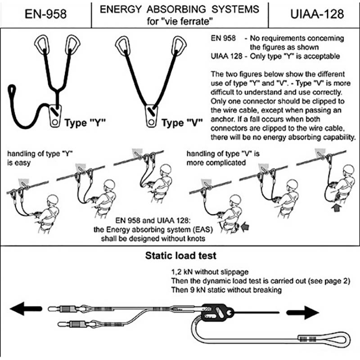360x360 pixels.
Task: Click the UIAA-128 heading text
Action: click(x=314, y=13)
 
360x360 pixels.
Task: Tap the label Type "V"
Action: click(x=182, y=122)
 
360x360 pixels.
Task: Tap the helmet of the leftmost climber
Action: click(x=52, y=201)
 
